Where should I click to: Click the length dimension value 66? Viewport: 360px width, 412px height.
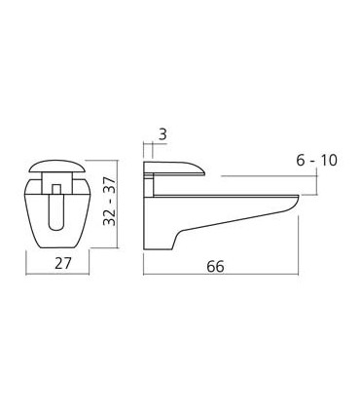click(215, 265)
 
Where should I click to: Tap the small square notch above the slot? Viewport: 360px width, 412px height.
click(57, 185)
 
